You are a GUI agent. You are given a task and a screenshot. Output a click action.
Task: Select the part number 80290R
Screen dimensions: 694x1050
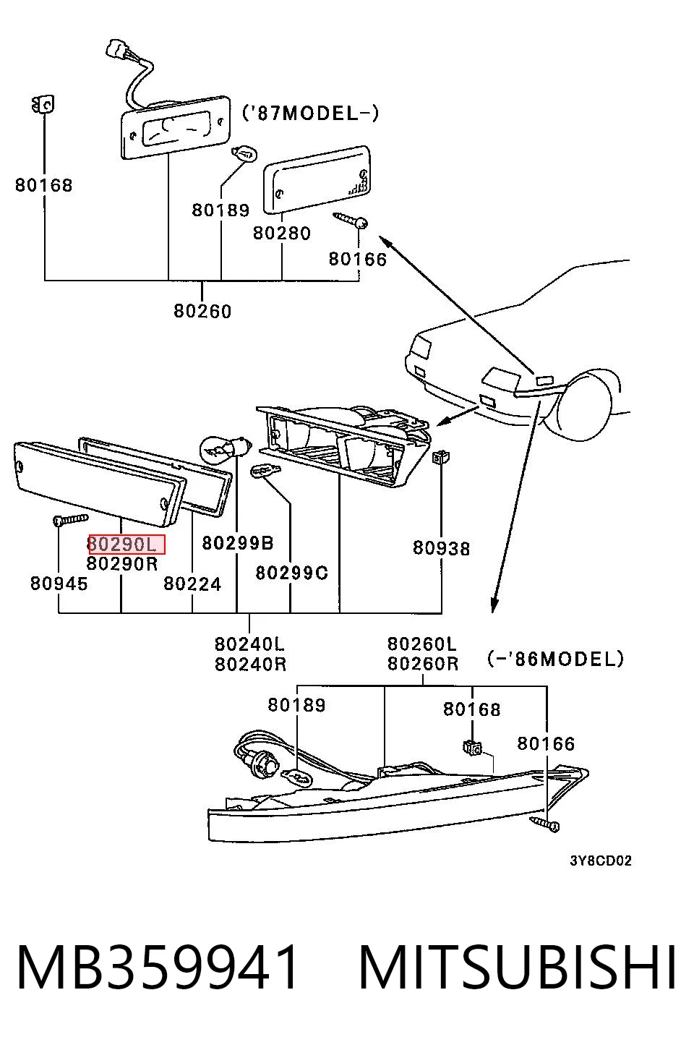[x=122, y=563]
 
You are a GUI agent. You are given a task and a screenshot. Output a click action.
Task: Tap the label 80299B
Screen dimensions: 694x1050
[x=238, y=543]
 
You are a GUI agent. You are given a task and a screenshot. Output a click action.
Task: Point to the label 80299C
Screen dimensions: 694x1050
[x=291, y=573]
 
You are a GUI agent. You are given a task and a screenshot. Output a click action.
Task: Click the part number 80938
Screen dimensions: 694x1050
[x=442, y=548]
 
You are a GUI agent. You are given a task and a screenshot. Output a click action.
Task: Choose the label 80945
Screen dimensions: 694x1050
[x=59, y=584]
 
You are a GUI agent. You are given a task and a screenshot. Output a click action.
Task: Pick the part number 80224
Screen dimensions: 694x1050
[x=192, y=584]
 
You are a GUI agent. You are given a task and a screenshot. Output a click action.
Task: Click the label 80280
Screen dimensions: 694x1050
[x=282, y=233]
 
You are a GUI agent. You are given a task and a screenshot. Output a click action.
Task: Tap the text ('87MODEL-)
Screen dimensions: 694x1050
[x=310, y=113]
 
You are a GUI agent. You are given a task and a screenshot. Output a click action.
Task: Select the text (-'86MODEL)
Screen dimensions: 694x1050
[x=556, y=659]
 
